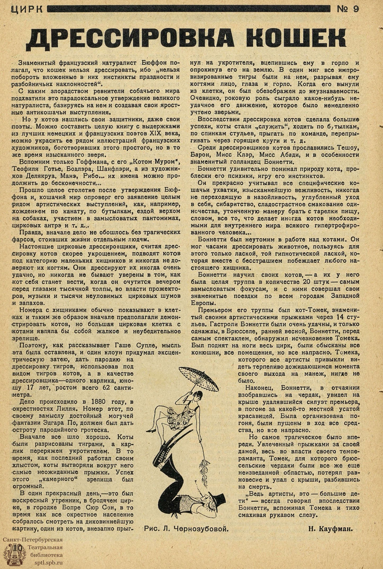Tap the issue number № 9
point(347,10)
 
